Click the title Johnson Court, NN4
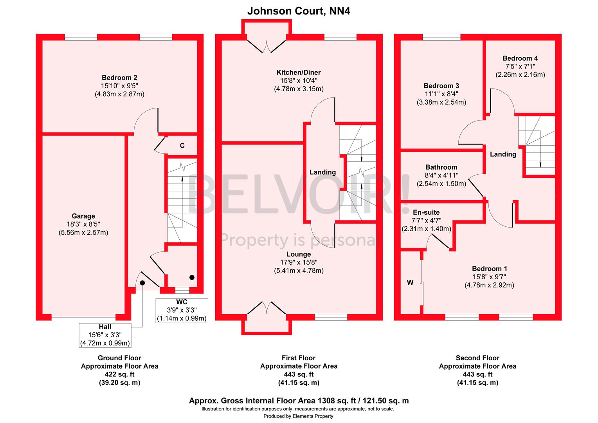tap(299, 11)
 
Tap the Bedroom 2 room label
tap(119, 78)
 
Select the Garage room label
tap(83, 216)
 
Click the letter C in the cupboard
tap(182, 146)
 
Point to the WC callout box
tap(182, 310)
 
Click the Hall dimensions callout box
tap(105, 335)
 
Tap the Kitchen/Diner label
tap(299, 72)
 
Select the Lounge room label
tap(298, 254)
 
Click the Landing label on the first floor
tap(322, 172)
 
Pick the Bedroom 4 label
tap(520, 58)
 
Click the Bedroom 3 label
tap(441, 86)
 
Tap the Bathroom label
tap(441, 167)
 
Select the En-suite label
tap(426, 212)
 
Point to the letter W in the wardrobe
tap(410, 282)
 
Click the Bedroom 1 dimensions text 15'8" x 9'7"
tap(489, 277)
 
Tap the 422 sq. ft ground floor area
tap(119, 374)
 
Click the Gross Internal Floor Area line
tap(299, 401)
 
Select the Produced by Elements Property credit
tap(298, 416)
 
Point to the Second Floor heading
tap(477, 358)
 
